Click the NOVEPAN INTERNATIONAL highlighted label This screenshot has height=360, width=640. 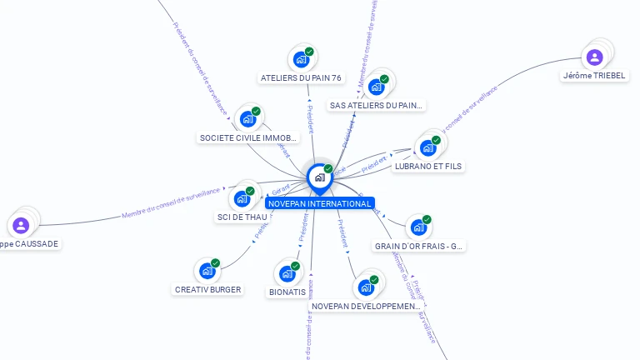[x=319, y=204]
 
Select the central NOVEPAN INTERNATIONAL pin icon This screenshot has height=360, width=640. [x=319, y=177]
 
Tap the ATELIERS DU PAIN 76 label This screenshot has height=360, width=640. [x=301, y=78]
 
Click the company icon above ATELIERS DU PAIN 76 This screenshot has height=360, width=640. [x=301, y=59]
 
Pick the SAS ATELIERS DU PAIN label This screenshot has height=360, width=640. [x=377, y=106]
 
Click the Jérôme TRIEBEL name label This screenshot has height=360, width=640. [x=594, y=76]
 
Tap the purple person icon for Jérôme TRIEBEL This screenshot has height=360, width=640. [x=594, y=57]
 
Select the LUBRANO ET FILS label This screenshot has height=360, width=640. [x=428, y=167]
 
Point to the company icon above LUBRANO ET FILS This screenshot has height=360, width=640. [x=428, y=147]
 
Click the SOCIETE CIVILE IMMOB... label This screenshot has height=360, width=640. [x=248, y=137]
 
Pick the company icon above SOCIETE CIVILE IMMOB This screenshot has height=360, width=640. [x=248, y=118]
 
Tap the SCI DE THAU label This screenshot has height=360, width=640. [x=242, y=217]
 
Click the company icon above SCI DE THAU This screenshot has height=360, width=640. [x=242, y=198]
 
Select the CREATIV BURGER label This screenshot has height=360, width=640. [x=207, y=290]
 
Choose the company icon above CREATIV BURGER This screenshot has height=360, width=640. [x=207, y=270]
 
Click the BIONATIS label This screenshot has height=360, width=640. [x=287, y=292]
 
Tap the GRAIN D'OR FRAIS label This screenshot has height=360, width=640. [x=419, y=247]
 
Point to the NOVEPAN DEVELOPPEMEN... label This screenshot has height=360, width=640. [x=366, y=307]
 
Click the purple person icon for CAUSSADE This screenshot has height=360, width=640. [x=21, y=225]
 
